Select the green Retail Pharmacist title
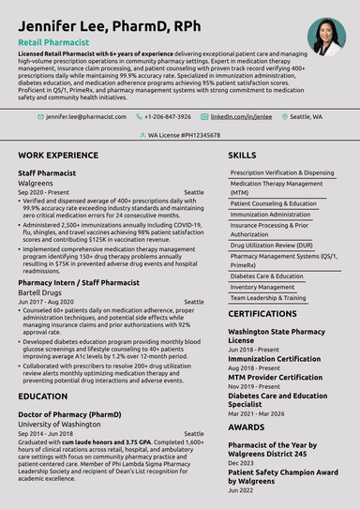point(53,43)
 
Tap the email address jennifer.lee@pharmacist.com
point(85,117)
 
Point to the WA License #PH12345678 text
point(185,135)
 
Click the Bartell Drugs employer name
point(46,292)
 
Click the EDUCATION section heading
point(42,396)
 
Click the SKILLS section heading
point(242,154)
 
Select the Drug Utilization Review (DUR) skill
point(271,245)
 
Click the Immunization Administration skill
point(271,214)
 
